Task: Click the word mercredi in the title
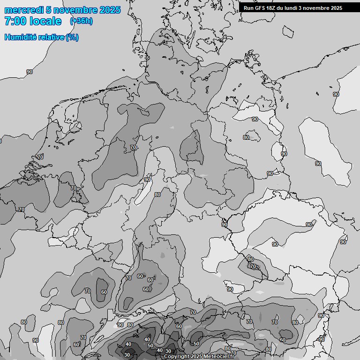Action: click(23, 10)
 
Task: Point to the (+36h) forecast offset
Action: click(81, 21)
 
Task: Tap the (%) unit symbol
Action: click(72, 37)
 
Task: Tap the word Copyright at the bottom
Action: click(176, 357)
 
